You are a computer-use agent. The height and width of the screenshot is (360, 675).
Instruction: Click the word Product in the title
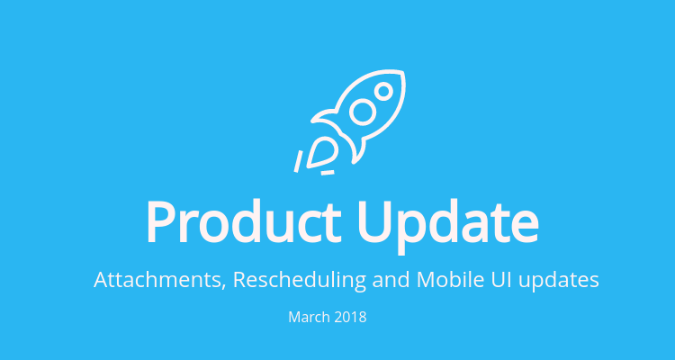pyautogui.click(x=244, y=222)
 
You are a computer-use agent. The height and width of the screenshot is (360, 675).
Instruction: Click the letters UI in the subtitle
pyautogui.click(x=500, y=280)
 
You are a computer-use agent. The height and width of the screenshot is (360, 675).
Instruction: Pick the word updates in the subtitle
pyautogui.click(x=559, y=281)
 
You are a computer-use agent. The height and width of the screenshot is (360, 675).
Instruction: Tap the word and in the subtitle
pyautogui.click(x=391, y=280)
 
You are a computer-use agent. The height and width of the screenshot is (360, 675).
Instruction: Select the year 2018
pyautogui.click(x=350, y=318)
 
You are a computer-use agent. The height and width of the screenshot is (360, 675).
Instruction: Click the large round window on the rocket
pyautogui.click(x=363, y=112)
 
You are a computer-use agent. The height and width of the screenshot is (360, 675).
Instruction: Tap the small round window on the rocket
pyautogui.click(x=383, y=91)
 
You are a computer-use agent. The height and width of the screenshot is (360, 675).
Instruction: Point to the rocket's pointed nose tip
pyautogui.click(x=402, y=72)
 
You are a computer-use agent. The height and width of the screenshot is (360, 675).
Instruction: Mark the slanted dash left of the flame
pyautogui.click(x=298, y=161)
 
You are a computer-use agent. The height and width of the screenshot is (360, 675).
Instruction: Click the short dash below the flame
pyautogui.click(x=328, y=173)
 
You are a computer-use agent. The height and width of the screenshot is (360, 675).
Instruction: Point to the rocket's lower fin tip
pyautogui.click(x=354, y=162)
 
